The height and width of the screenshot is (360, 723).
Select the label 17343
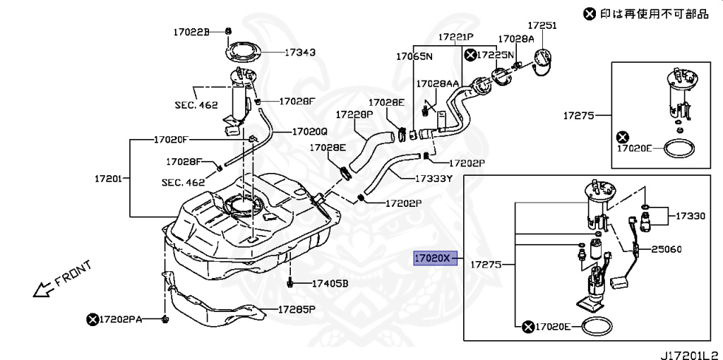click(300, 52)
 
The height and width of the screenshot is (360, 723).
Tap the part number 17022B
click(192, 32)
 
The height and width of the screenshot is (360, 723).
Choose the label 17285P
click(296, 309)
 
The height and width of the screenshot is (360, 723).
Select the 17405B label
click(330, 284)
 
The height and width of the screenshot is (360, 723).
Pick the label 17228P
click(354, 114)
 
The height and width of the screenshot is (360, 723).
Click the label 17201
click(109, 178)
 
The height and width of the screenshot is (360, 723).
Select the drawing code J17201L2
click(689, 352)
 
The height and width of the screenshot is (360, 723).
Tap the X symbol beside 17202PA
click(92, 320)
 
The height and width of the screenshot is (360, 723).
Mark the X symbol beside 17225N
click(470, 54)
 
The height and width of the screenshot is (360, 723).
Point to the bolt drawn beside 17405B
click(290, 283)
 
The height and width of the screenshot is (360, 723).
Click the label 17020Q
click(309, 131)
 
